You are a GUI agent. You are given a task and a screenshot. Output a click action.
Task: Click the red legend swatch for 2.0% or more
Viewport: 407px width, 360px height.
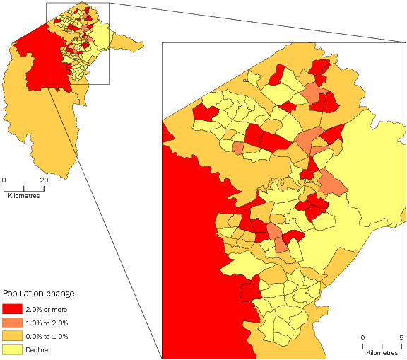pyautogui.click(x=12, y=309)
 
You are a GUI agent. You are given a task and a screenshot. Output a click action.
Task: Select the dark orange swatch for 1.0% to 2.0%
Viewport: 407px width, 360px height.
pyautogui.click(x=12, y=323)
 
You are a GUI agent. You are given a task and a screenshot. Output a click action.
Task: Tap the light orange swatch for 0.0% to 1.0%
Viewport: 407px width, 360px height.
pyautogui.click(x=12, y=336)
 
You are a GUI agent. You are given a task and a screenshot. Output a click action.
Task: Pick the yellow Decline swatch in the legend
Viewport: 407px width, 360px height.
pyautogui.click(x=12, y=349)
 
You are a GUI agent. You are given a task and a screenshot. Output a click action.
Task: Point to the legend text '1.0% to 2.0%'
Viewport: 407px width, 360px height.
pyautogui.click(x=47, y=323)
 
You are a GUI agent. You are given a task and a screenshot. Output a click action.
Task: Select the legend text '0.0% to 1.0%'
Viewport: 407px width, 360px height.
pyautogui.click(x=47, y=336)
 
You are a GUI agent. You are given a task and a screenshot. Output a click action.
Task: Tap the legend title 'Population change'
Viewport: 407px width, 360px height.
pyautogui.click(x=39, y=293)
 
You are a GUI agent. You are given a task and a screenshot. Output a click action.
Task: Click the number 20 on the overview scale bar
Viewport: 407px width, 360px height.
pyautogui.click(x=44, y=180)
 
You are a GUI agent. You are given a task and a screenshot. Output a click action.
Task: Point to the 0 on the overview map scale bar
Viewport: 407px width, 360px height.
pyautogui.click(x=4, y=180)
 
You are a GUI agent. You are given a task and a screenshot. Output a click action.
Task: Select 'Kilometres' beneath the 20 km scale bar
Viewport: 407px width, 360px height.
pyautogui.click(x=24, y=196)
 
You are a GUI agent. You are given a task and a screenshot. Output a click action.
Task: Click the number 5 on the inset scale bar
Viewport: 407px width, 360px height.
pyautogui.click(x=401, y=337)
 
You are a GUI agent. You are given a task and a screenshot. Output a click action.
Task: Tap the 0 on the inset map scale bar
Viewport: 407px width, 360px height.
pyautogui.click(x=363, y=337)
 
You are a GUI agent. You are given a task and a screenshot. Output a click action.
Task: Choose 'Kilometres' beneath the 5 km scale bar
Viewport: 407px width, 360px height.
pyautogui.click(x=382, y=352)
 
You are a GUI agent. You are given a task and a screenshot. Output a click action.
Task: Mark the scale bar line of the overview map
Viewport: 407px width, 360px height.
pyautogui.click(x=24, y=187)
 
